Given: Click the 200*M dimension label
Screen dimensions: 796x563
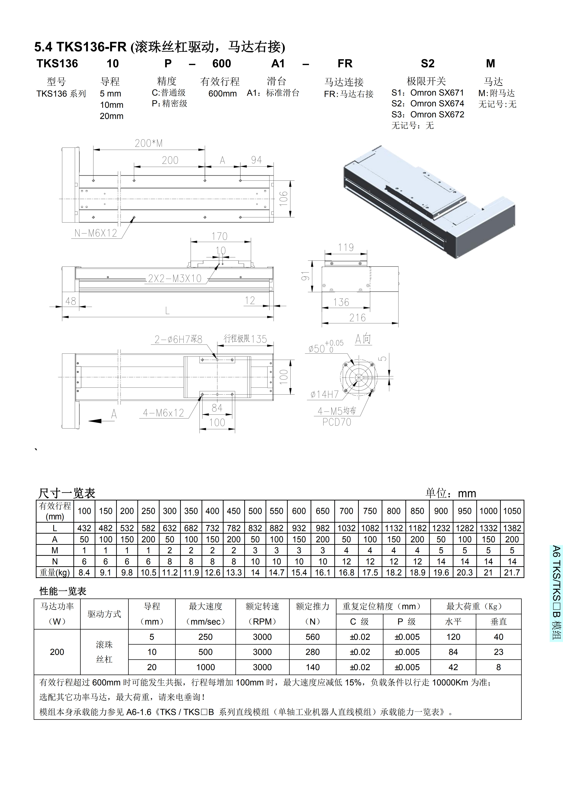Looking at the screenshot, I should tap(148, 143).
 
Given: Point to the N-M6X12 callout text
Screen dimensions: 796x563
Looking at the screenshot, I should tap(96, 233).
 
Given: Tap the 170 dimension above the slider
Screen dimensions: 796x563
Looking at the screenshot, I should tap(219, 236).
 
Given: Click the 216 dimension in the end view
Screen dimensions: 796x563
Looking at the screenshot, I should tap(357, 318).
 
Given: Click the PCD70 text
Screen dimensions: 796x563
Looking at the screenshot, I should tap(337, 422).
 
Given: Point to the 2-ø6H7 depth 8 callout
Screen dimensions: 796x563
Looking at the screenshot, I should tap(178, 339).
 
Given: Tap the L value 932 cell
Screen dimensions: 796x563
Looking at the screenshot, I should tap(299, 528).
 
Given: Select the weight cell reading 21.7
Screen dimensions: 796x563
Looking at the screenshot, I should tap(512, 572).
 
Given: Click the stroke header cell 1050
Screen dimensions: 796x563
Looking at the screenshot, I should tap(512, 511).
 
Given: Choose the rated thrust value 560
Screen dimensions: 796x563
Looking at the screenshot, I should tap(312, 637).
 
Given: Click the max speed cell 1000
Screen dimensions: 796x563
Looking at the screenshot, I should tap(206, 667).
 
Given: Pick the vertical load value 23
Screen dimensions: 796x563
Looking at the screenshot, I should tap(498, 652).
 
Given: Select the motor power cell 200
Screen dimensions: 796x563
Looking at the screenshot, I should tap(57, 652).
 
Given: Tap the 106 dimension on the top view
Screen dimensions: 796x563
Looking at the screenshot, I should tap(284, 199).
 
